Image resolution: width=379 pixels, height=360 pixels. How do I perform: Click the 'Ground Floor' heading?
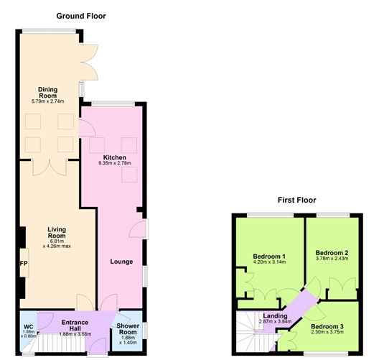(81, 15)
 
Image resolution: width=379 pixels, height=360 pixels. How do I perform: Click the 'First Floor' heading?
(296, 200)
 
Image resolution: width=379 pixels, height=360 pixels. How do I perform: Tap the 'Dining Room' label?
(47, 92)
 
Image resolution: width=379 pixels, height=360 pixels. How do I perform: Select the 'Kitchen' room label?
(114, 157)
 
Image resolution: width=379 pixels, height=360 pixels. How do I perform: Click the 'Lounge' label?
(121, 262)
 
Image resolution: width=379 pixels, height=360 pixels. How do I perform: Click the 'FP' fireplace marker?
(23, 263)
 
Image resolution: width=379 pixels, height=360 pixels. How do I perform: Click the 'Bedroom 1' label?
(270, 257)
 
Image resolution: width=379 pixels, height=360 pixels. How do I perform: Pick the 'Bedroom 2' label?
(332, 252)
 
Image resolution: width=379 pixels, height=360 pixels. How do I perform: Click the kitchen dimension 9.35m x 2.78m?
(114, 164)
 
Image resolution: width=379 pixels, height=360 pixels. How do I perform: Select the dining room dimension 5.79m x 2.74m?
(47, 101)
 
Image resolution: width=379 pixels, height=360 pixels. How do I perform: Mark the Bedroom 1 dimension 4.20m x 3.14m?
(270, 263)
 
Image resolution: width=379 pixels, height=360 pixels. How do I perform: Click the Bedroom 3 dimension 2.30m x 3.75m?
(336, 333)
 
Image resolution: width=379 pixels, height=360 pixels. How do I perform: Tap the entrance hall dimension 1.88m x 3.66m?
(75, 333)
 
